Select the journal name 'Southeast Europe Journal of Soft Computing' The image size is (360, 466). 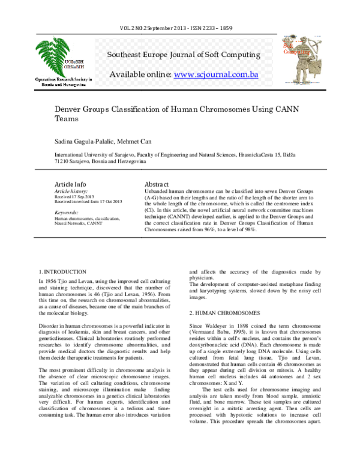tap(183, 55)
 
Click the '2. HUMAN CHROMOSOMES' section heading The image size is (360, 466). tap(226, 313)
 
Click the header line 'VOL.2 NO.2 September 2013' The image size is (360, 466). tap(154, 29)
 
